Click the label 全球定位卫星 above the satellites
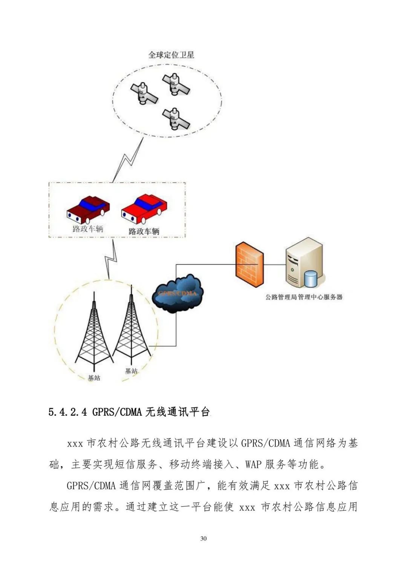(171, 55)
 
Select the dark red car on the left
(88, 210)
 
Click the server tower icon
(303, 263)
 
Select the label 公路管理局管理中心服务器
(304, 297)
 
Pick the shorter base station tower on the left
(94, 332)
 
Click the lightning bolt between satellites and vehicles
(128, 160)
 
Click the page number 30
(203, 538)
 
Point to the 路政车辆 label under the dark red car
(88, 228)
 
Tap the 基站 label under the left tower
(94, 377)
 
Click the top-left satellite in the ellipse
(144, 93)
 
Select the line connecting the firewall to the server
(274, 265)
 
